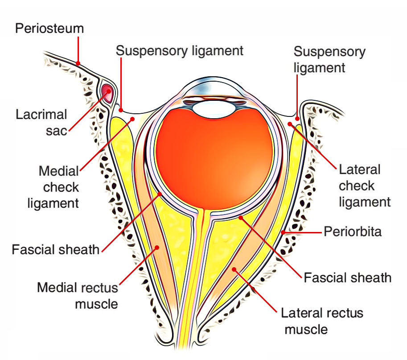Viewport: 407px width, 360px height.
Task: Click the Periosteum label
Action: click(49, 28)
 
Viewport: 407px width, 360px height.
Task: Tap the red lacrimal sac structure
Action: click(107, 93)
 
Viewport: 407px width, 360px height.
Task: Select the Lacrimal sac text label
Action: click(41, 122)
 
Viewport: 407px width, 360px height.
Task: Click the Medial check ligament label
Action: click(53, 187)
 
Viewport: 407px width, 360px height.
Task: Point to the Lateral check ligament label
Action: click(365, 186)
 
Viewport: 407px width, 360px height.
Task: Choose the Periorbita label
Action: click(353, 232)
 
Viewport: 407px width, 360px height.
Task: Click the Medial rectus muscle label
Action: click(78, 296)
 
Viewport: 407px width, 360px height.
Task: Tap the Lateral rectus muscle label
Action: click(322, 321)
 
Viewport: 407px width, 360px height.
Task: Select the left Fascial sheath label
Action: click(56, 250)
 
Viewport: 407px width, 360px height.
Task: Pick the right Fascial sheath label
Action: click(348, 277)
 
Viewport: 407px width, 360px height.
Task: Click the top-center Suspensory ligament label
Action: click(180, 51)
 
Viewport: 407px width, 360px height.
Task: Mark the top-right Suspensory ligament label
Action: click(329, 60)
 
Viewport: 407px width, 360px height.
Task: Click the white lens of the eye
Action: click(214, 110)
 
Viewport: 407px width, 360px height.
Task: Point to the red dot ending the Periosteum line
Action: click(78, 63)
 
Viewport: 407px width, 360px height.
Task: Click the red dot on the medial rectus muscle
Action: click(157, 248)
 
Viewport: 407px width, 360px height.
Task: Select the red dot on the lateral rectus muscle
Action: click(234, 269)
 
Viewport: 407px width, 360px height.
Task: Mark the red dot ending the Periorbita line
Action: click(283, 232)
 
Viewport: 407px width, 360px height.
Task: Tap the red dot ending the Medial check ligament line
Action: click(132, 119)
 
